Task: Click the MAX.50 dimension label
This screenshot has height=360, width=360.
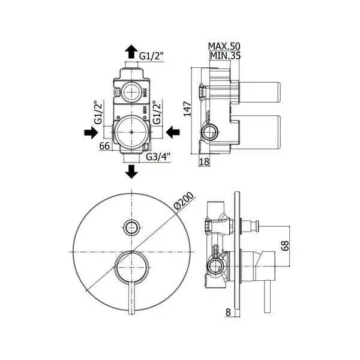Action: point(224,46)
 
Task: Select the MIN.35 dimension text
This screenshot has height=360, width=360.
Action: point(225,56)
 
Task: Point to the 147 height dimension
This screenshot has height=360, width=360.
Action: point(187,109)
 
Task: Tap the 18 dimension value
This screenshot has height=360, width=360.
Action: point(204,161)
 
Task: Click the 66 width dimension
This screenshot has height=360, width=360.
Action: point(104,146)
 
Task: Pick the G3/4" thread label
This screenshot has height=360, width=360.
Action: point(158,157)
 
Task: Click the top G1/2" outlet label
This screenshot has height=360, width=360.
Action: point(152,56)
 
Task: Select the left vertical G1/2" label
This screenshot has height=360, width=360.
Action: point(98,112)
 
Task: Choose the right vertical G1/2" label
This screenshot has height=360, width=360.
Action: point(157,112)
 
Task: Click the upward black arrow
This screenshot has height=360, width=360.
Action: point(131,52)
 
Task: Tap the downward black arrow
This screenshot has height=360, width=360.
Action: point(131,172)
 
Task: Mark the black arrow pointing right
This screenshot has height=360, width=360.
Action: point(91,133)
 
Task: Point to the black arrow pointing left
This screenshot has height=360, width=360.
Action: point(173,133)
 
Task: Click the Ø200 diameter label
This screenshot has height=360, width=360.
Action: point(184,201)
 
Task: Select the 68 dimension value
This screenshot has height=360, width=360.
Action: point(285,246)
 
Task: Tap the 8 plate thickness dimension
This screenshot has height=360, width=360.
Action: point(228,312)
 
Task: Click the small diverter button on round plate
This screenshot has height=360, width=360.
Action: point(131,228)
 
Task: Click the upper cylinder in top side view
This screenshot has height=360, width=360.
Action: point(260,92)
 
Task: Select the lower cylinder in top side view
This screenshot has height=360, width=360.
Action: point(260,132)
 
